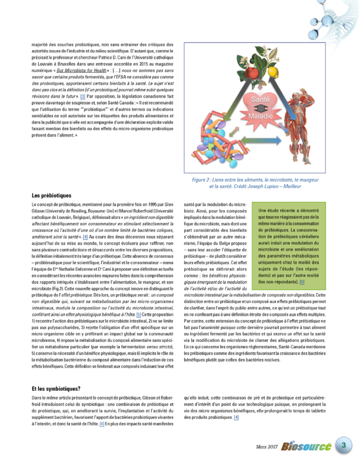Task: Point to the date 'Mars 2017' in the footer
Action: click(266, 448)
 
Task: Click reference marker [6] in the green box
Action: click(302, 282)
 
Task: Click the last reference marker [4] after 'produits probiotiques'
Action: click(236, 417)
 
